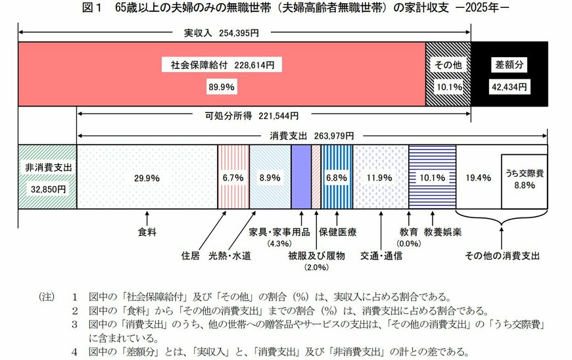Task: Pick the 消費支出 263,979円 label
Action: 312,136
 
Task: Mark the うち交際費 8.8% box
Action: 525,179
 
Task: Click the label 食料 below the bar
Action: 147,233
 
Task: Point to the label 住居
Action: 191,256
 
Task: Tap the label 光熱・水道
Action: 229,256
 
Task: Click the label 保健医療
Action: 338,233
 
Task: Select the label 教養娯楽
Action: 433,233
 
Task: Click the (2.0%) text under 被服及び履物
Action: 316,267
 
